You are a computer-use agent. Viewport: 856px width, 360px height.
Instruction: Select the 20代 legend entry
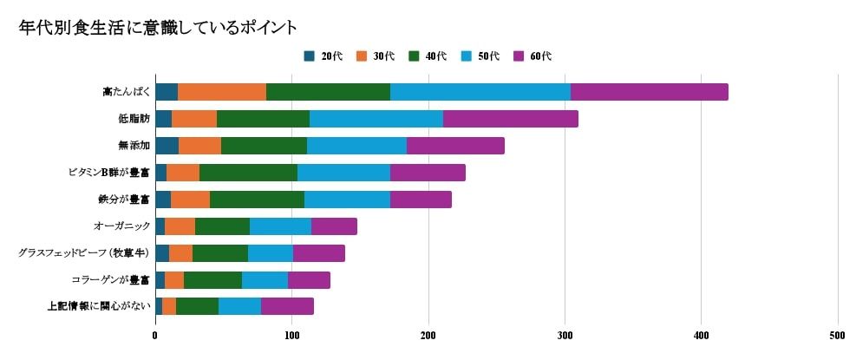[x=323, y=56]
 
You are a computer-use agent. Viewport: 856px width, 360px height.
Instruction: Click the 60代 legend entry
[x=533, y=56]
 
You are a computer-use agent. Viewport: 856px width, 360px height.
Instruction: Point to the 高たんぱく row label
[x=125, y=92]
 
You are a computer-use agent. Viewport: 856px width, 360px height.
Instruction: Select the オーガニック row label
[x=121, y=226]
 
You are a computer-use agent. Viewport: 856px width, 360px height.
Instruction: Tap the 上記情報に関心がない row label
[x=99, y=306]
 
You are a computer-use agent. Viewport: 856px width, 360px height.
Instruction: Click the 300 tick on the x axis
[x=565, y=336]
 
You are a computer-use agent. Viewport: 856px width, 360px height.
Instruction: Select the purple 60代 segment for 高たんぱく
[x=649, y=92]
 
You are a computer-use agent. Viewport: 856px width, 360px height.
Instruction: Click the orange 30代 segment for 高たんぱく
[x=222, y=92]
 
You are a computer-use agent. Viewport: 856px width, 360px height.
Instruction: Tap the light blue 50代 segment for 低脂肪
[x=376, y=119]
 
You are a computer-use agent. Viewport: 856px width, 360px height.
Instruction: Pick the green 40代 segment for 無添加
[x=264, y=146]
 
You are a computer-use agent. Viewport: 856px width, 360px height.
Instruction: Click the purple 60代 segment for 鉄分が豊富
[x=421, y=199]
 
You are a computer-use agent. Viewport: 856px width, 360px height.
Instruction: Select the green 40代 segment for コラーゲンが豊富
[x=212, y=279]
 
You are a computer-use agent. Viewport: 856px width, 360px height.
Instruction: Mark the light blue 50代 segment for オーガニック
[x=280, y=226]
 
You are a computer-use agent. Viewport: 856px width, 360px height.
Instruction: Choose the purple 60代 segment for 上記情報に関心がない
[x=287, y=306]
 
